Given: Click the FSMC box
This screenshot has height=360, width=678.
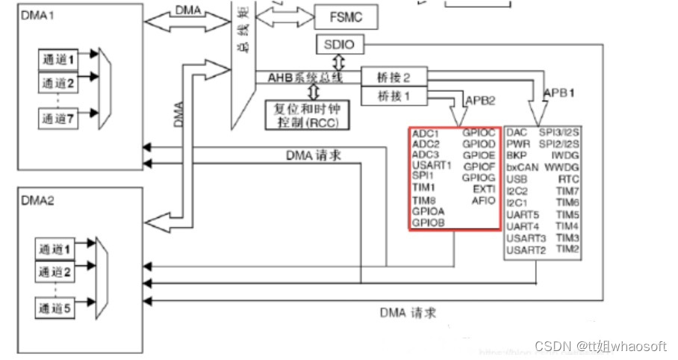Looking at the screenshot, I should tap(343, 16).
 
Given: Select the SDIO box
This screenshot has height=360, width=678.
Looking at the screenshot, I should tap(340, 44).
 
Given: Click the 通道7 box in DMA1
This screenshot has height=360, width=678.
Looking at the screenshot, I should tap(59, 117).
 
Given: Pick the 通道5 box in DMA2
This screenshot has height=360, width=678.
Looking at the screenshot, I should tap(58, 306).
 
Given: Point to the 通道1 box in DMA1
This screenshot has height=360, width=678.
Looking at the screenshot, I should tap(59, 58).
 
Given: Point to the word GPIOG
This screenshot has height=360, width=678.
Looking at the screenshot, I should tap(479, 178).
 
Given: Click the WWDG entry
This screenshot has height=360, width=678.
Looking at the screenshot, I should tap(566, 168).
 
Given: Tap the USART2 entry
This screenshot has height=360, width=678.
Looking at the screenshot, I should tap(526, 249).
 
